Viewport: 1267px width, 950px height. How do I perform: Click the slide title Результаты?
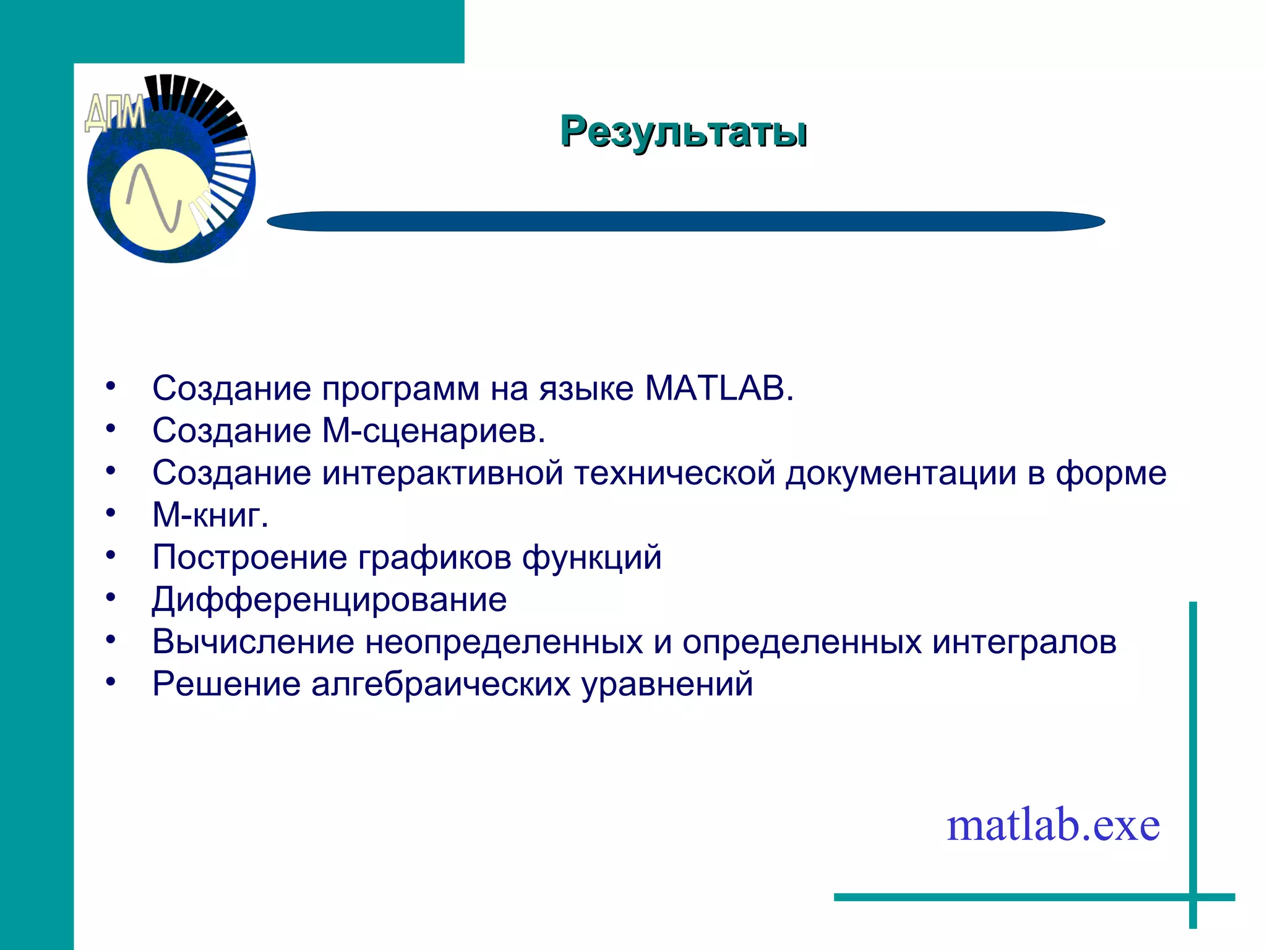[x=683, y=132]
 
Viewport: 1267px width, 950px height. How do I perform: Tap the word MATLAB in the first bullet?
[x=718, y=389]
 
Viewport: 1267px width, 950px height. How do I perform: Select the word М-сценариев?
[x=434, y=431]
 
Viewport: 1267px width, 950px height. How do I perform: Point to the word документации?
[x=901, y=474]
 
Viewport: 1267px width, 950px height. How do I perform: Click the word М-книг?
[x=210, y=515]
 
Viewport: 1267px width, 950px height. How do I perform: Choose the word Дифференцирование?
[x=329, y=600]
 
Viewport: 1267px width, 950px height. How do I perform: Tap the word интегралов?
[x=1024, y=642]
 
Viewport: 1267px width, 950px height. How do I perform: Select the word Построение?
[x=249, y=558]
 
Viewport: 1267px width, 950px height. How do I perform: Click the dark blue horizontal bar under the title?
[x=685, y=221]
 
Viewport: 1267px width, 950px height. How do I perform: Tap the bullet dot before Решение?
[x=111, y=682]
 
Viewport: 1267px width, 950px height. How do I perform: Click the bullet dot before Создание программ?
[x=111, y=387]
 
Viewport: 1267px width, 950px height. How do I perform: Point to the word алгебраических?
[x=440, y=685]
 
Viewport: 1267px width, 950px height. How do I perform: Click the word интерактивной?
[x=442, y=474]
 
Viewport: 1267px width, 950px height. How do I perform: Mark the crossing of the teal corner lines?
[x=1193, y=897]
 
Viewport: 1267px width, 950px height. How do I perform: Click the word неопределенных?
[x=504, y=642]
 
